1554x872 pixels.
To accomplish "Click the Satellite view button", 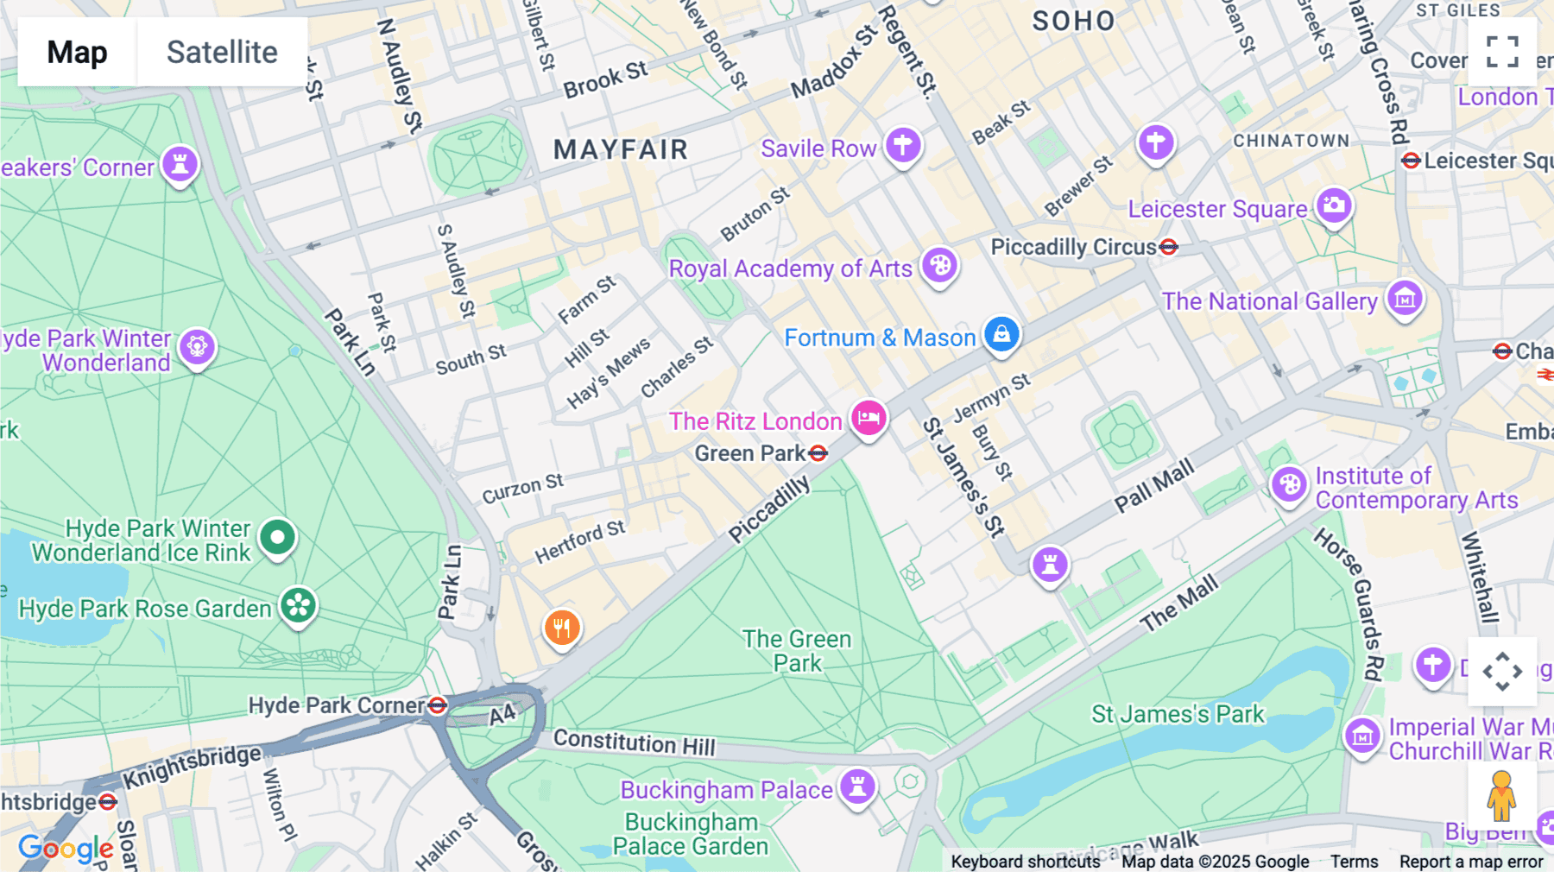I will coord(222,52).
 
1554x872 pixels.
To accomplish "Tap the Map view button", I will coord(77,52).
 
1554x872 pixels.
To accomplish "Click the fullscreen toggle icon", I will coord(1502,52).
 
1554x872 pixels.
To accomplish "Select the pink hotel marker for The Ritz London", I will coord(869,418).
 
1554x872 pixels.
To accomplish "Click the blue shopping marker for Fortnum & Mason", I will coord(1001,333).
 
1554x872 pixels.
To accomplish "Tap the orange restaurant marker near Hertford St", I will coord(562,627).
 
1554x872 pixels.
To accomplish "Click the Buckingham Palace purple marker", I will coord(857,786).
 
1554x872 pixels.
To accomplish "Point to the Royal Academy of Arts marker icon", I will coord(939,265).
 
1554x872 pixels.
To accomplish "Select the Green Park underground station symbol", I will coord(818,453).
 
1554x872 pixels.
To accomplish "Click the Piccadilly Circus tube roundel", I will coord(1169,248).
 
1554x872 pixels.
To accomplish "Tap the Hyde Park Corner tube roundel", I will coord(438,705).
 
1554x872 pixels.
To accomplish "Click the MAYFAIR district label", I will coord(621,150).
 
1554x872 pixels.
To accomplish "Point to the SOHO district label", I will coord(1074,22).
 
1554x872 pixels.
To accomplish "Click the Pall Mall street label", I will coord(1154,486).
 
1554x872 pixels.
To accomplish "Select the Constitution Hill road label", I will coord(634,742).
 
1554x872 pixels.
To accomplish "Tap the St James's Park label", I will coord(1178,714).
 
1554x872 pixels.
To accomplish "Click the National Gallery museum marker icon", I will coord(1405,299).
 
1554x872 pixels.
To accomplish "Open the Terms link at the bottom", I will coord(1354,862).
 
